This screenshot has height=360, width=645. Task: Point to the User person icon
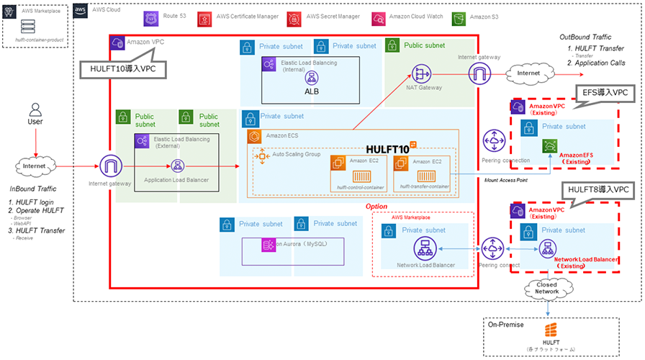pyautogui.click(x=34, y=112)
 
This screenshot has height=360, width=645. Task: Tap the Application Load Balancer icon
pyautogui.click(x=176, y=166)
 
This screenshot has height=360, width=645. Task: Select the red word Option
pyautogui.click(x=376, y=206)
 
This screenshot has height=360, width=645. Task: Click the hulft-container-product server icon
pyautogui.click(x=28, y=27)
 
